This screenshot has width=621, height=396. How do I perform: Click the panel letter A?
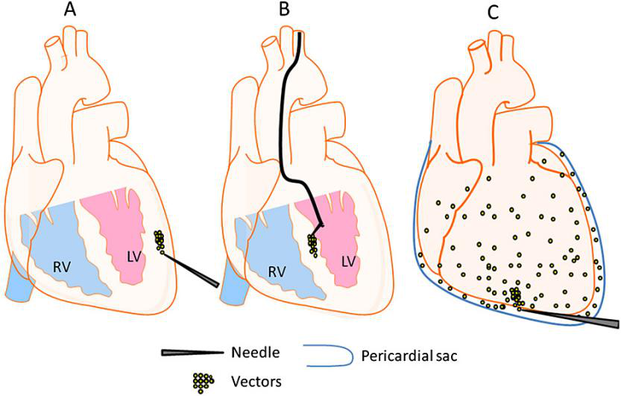click(x=94, y=10)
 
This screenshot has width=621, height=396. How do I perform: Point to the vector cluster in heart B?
click(x=313, y=244)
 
